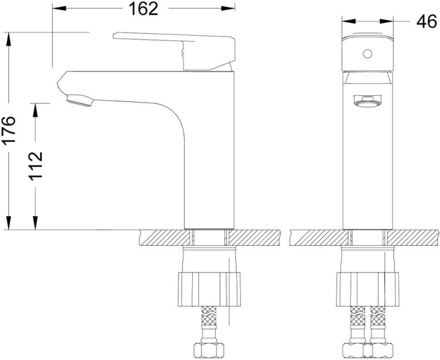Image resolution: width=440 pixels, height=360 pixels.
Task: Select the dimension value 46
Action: (426, 22)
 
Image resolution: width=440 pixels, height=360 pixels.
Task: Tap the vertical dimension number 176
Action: (11, 132)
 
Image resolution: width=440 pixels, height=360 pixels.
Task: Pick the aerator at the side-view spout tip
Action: (79, 101)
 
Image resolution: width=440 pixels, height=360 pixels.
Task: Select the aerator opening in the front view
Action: (366, 100)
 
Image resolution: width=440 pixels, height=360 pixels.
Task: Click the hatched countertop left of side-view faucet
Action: (162, 238)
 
